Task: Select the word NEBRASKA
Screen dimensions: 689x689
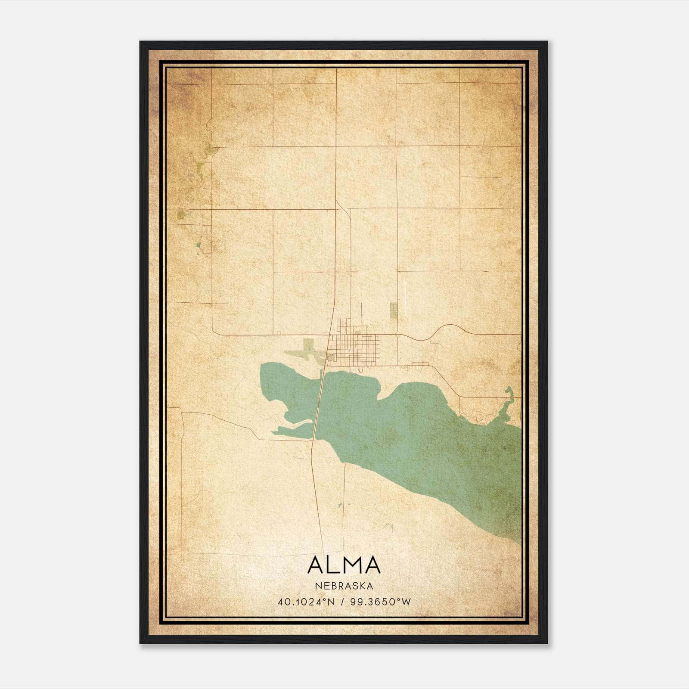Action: pyautogui.click(x=344, y=586)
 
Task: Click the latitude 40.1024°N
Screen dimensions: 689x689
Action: pyautogui.click(x=306, y=602)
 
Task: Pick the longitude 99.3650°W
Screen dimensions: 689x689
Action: pyautogui.click(x=381, y=602)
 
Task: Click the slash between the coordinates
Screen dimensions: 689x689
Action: pyautogui.click(x=342, y=602)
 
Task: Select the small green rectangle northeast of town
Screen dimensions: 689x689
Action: pyautogui.click(x=394, y=310)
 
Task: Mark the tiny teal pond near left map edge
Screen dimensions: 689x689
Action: pyautogui.click(x=198, y=246)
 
